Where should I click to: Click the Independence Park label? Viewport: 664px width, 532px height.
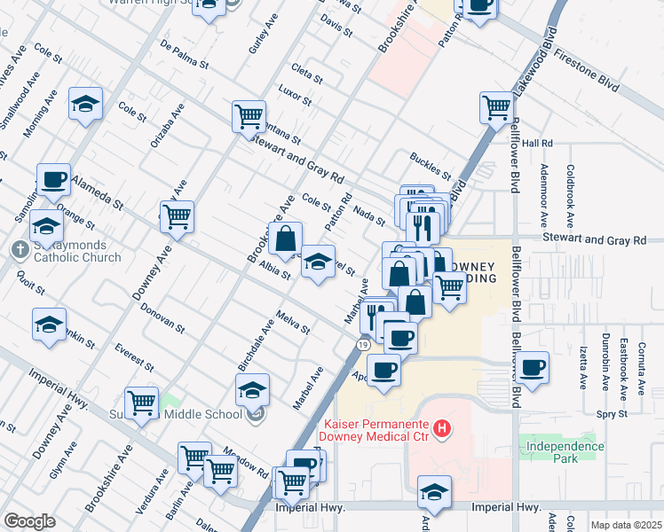tap(565, 452)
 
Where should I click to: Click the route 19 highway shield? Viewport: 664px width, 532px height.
tap(364, 343)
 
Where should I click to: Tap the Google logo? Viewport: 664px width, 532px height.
tap(29, 520)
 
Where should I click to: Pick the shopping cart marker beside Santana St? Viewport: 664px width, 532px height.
tap(249, 115)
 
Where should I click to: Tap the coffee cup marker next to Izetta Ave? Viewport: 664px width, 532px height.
tap(533, 366)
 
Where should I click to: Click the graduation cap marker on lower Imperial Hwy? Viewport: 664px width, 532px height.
tap(434, 490)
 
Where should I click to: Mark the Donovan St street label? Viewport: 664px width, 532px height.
tap(162, 317)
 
